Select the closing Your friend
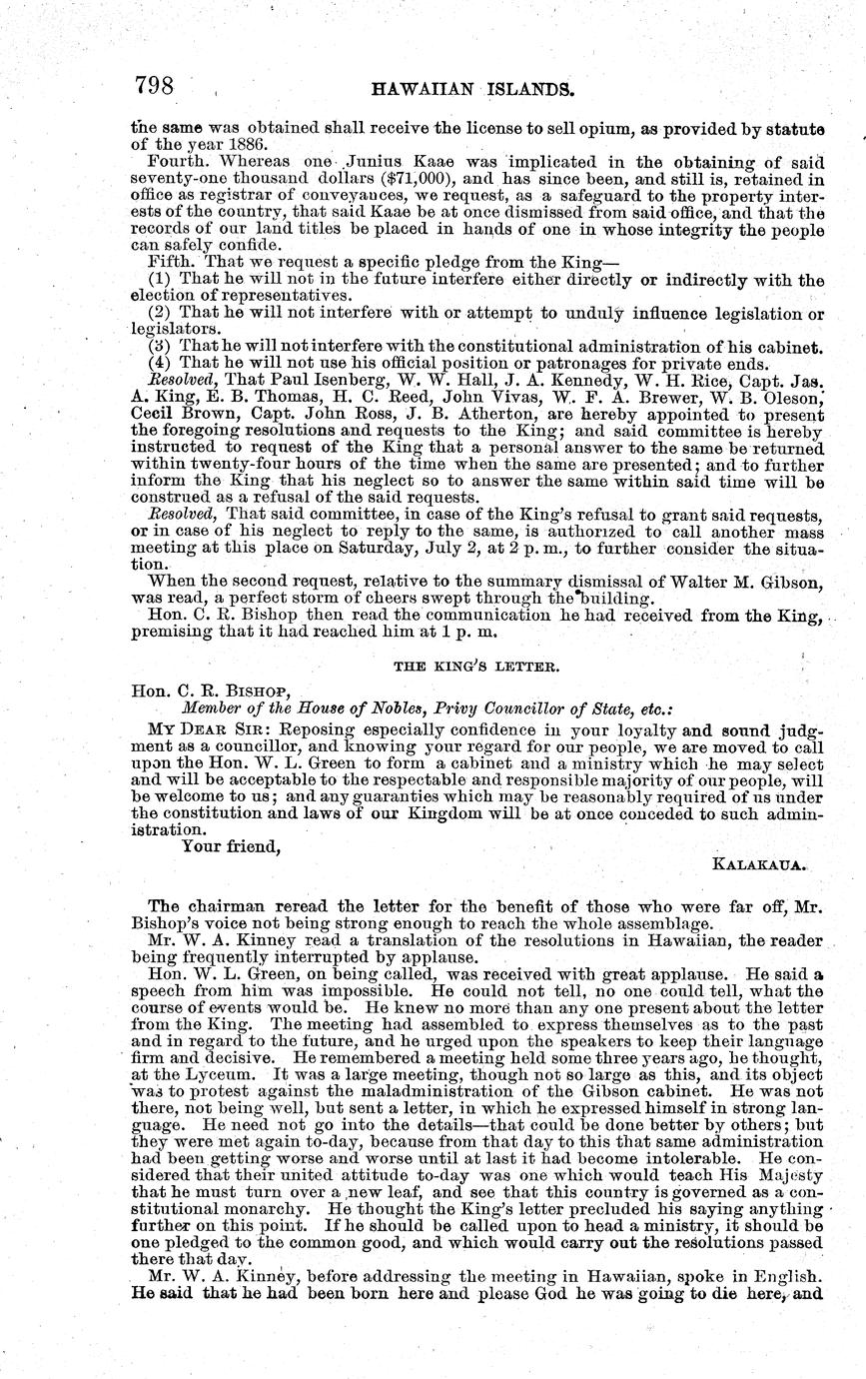tap(230, 846)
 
